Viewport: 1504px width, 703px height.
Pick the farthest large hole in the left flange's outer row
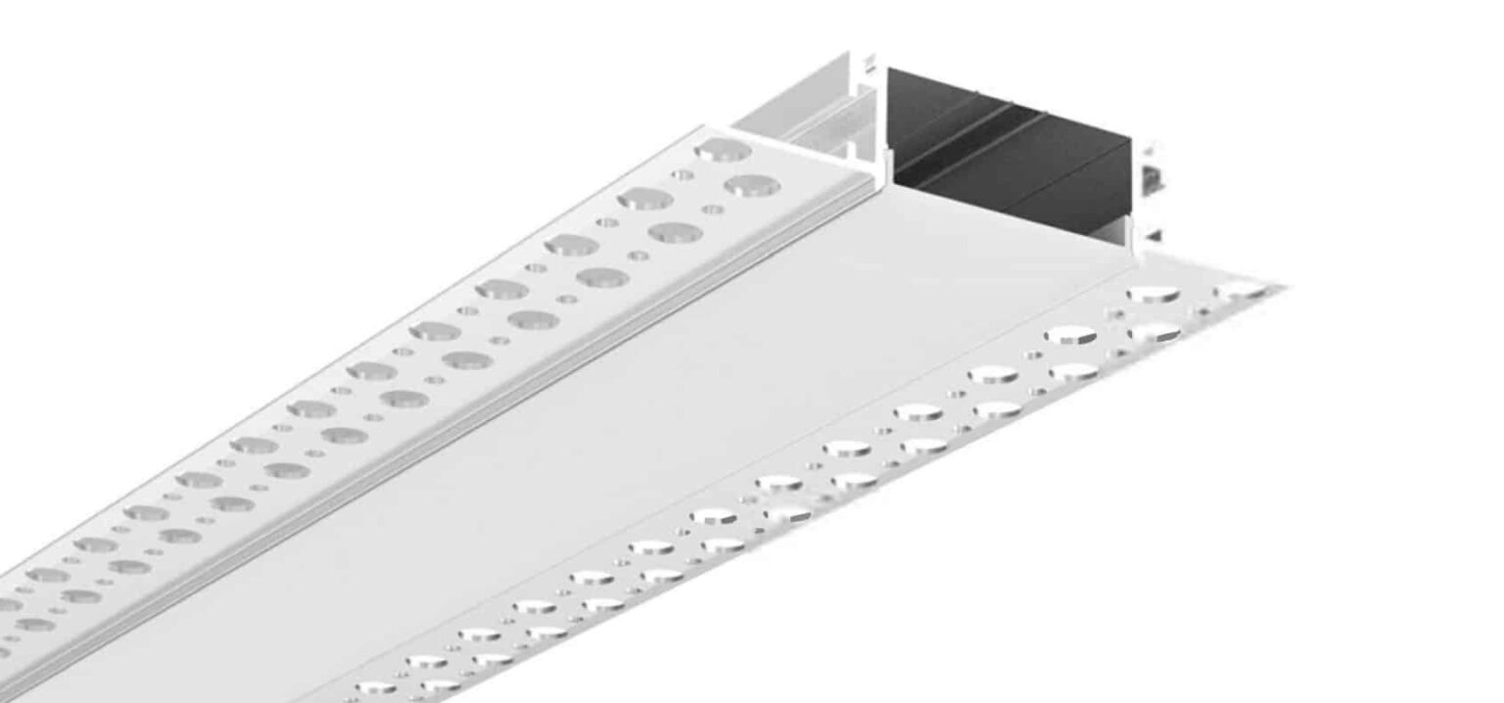723,150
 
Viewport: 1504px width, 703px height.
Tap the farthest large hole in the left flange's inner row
752,184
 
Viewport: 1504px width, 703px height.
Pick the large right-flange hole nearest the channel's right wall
1152,293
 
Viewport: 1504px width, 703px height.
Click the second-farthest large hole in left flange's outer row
645,199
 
